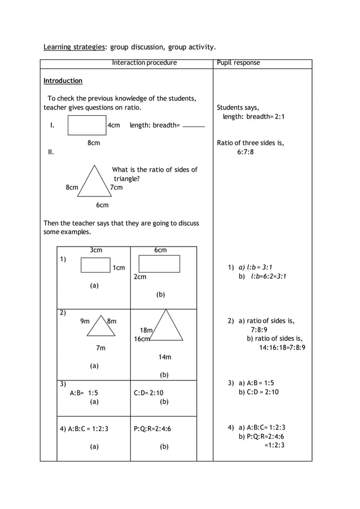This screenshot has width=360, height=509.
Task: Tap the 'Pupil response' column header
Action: pos(238,63)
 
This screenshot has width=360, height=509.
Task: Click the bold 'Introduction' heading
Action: pos(63,81)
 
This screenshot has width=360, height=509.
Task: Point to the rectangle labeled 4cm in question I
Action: pos(87,125)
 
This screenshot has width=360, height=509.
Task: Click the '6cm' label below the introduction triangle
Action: pos(102,205)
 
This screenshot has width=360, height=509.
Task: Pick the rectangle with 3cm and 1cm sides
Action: pos(95,265)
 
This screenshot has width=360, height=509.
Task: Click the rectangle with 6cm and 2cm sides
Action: pos(159,264)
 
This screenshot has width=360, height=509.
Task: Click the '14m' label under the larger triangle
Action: pos(164,357)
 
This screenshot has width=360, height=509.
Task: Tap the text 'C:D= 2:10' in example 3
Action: pos(148,393)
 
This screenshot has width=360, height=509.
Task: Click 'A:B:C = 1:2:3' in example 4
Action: pos(84,429)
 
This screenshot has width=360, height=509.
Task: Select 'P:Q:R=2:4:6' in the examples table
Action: pos(152,429)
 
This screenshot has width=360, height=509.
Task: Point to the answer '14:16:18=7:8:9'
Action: pos(282,348)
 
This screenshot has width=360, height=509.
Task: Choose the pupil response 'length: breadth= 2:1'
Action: pos(253,116)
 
